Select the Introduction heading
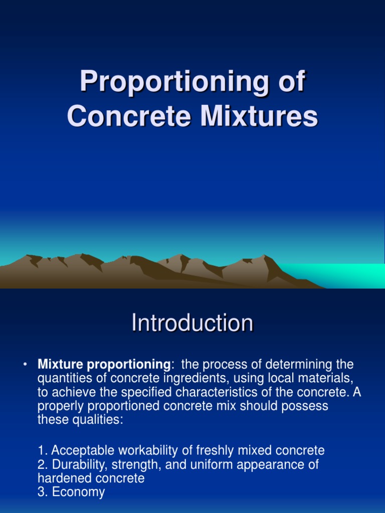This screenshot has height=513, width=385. click(192, 323)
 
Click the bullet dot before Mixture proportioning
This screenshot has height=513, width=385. click(24, 364)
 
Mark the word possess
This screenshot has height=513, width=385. click(305, 406)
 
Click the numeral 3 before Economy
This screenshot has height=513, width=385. click(41, 492)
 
